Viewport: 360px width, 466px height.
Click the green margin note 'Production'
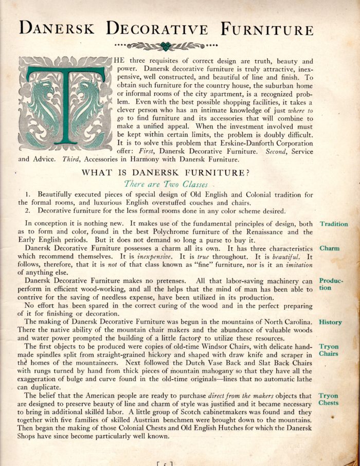coord(332,284)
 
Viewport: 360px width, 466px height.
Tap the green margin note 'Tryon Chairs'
coord(329,350)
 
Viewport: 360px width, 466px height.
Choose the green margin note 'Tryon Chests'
coord(329,399)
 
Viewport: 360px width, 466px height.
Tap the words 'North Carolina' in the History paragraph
coord(285,322)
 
